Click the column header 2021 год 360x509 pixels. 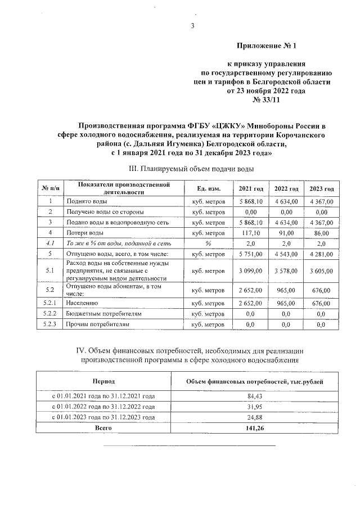251,188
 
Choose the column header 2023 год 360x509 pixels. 321,188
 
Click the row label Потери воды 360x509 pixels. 84,233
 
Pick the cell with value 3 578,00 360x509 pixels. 286,271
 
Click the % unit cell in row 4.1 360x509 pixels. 208,244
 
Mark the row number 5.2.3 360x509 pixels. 51,325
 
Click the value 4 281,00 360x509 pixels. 321,254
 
